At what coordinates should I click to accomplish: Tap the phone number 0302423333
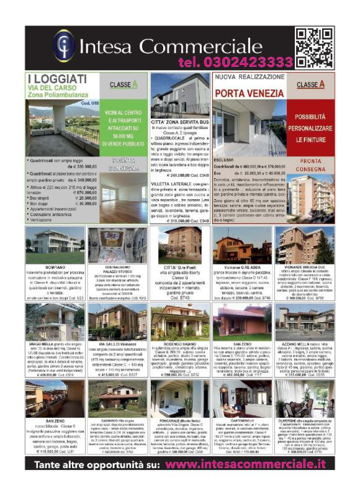coord(236,62)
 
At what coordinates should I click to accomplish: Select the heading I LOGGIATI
coord(57,78)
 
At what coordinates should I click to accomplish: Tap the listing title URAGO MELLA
coord(38,343)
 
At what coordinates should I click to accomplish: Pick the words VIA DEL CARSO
coord(50,89)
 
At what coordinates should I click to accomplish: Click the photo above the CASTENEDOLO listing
coord(242,398)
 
